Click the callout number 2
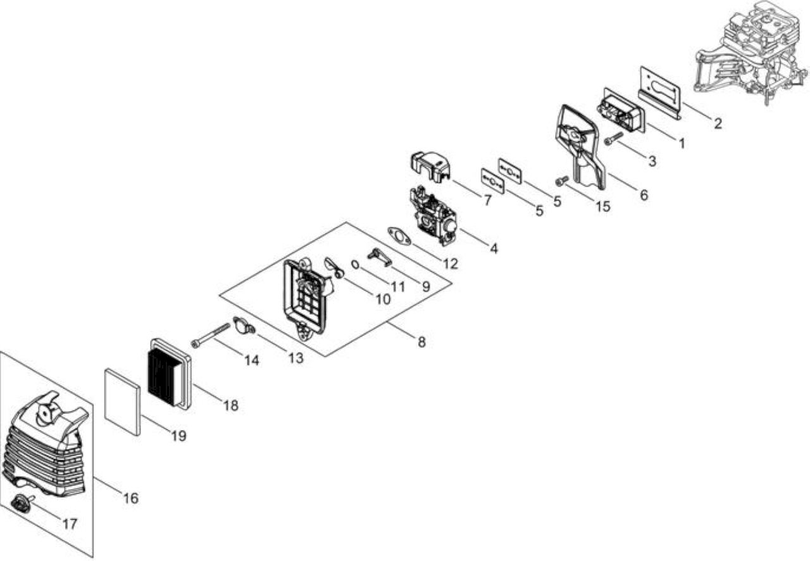point(718,123)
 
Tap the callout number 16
point(131,498)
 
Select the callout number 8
point(421,342)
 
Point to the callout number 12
point(451,264)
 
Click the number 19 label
point(178,436)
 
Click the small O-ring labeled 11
point(356,265)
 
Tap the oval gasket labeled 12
point(399,236)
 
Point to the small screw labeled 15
point(562,180)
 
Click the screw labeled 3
point(614,138)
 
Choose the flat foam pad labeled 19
point(122,401)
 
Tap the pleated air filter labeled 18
point(169,374)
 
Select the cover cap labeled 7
point(430,166)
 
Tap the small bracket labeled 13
point(244,325)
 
